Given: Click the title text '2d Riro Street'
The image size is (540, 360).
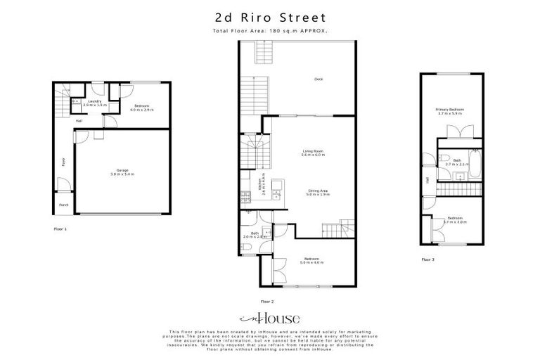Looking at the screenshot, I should [270, 16].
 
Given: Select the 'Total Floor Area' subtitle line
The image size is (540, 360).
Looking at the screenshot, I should [270, 32].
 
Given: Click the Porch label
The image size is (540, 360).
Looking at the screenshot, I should [64, 206].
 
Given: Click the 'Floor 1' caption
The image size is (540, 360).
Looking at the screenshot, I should [61, 229].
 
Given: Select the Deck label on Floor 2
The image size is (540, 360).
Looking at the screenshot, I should [318, 79].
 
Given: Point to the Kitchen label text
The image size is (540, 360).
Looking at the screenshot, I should [263, 184].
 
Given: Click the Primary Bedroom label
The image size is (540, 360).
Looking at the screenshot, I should [449, 111].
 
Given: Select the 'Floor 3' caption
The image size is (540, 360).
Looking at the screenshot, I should [428, 259].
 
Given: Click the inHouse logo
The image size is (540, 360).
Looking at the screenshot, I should [270, 318].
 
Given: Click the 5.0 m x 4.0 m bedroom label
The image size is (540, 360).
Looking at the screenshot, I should [311, 261].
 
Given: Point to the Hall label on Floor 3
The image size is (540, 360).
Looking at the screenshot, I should [427, 179].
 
